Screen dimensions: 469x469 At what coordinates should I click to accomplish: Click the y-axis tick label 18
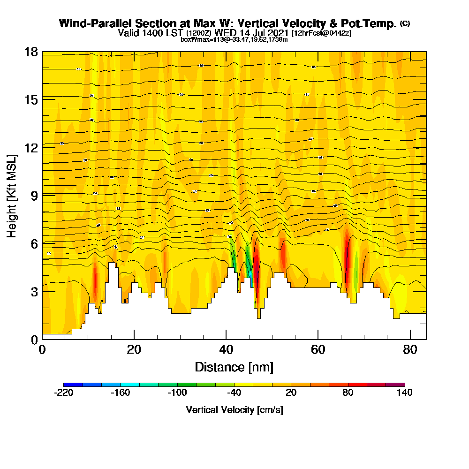pos(31,52)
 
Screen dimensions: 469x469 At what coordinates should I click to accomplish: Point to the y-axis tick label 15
pos(31,99)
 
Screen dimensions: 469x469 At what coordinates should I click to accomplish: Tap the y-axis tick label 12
pos(31,147)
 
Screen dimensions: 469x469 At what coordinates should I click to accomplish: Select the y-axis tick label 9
pos(35,195)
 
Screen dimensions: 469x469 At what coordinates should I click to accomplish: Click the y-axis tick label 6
pos(35,243)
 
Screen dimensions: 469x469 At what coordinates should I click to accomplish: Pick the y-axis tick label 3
pos(35,291)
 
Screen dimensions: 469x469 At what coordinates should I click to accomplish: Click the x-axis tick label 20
pos(134,349)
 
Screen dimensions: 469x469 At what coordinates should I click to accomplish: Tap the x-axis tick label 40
pos(226,349)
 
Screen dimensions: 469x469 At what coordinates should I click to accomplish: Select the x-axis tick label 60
pos(318,349)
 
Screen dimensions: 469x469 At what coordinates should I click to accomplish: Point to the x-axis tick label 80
pos(410,349)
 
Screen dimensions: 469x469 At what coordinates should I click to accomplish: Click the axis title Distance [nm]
pos(234,367)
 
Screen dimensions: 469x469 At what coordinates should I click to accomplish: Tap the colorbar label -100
pos(177,393)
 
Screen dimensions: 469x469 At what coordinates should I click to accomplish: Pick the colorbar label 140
pos(404,393)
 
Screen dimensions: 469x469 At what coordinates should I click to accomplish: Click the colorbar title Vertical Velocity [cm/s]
pos(234,410)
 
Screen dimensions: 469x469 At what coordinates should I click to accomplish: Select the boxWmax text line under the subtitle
pos(234,39)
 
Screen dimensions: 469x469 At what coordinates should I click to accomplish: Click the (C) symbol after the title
pos(405,23)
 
